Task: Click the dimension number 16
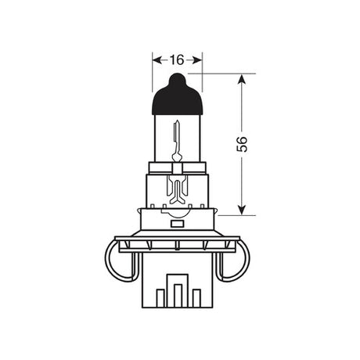coord(176,59)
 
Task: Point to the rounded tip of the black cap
coord(177,77)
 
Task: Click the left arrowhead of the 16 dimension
coord(155,59)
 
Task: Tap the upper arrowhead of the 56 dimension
coord(242,79)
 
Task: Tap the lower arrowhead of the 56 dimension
coord(242,207)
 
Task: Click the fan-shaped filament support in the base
coord(177,188)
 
